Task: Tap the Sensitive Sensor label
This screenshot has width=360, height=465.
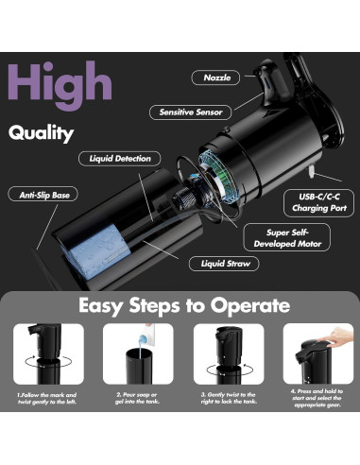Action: [x=191, y=112]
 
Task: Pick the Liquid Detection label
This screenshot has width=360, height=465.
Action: [x=120, y=159]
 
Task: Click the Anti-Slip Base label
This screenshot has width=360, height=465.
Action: [x=42, y=194]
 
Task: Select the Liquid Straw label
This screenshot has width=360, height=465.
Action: [x=224, y=264]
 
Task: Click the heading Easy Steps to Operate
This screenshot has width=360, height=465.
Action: [x=180, y=305]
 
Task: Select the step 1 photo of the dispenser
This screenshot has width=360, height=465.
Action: [x=47, y=354]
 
